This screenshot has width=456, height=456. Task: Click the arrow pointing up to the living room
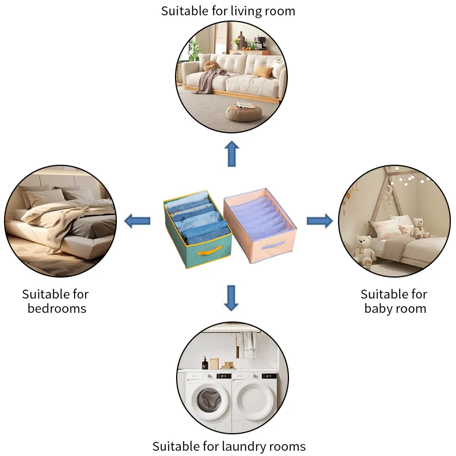231,154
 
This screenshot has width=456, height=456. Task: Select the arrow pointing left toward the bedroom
137,221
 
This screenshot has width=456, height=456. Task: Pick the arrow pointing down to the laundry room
231,298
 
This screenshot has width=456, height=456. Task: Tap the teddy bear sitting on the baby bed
420,228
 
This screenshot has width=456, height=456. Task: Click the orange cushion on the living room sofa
264,71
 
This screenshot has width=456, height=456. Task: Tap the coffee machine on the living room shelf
260,43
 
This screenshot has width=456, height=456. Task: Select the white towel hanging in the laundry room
247,344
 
